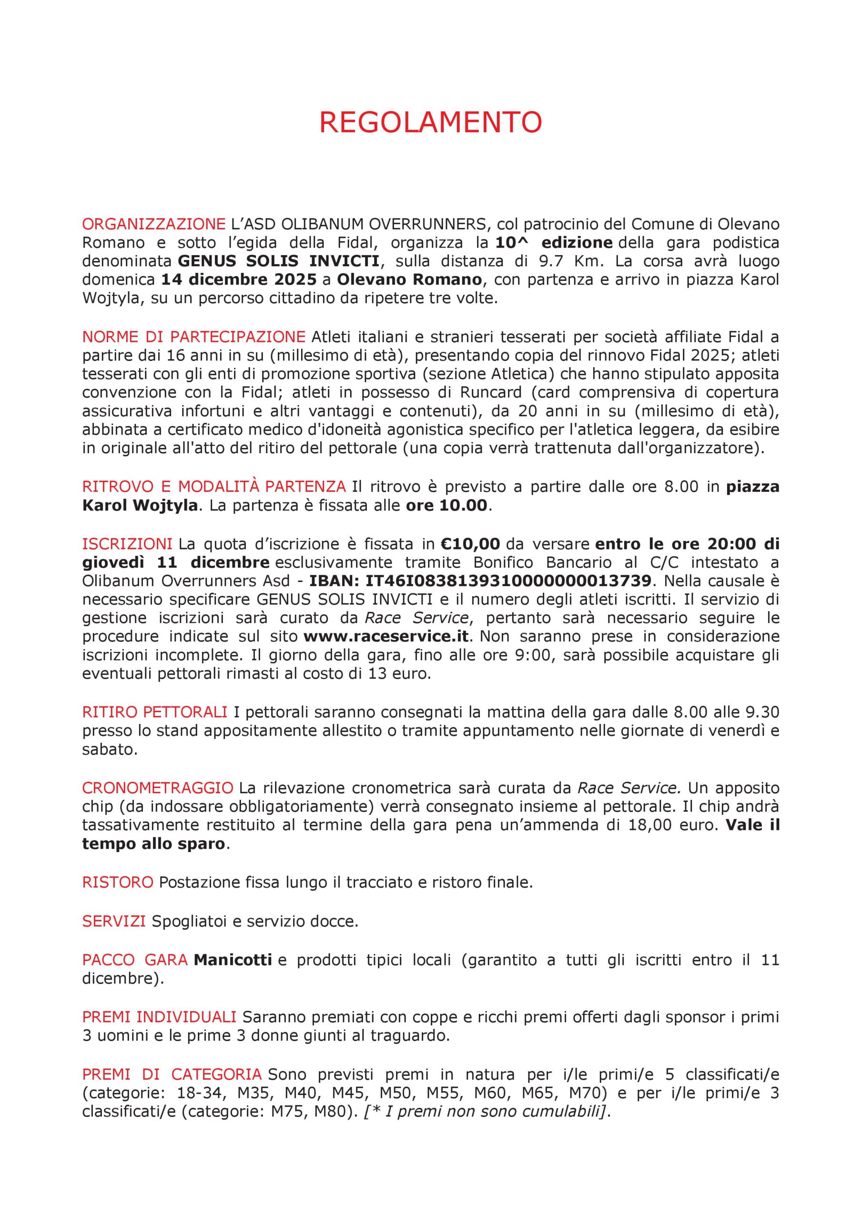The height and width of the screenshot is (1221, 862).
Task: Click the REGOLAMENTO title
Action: coord(430,123)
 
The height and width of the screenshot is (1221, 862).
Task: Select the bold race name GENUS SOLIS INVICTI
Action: coord(278,261)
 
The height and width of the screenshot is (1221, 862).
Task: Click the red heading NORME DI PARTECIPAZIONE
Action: coord(193,337)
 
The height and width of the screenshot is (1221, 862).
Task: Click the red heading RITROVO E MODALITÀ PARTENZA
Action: coord(213,486)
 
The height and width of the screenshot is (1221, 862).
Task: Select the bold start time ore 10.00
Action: coord(446,505)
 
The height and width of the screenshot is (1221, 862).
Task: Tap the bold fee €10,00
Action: coord(470,544)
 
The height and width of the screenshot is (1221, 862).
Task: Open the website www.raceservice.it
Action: coord(388,636)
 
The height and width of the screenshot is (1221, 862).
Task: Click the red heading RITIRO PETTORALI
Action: coord(155,712)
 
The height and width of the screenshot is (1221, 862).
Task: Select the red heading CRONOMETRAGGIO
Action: coord(157,787)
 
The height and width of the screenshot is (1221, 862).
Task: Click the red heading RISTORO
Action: coord(117,882)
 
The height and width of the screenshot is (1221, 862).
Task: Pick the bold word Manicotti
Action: coord(233,960)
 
